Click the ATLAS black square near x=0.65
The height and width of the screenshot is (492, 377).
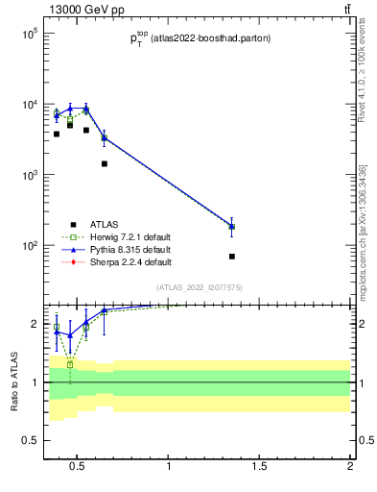pos(105,163)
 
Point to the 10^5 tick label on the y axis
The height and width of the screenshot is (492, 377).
pos(28,34)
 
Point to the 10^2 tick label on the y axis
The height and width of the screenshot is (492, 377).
pos(28,246)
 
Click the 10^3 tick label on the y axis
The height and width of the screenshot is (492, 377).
pos(28,175)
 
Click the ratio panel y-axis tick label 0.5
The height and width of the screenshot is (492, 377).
pos(29,440)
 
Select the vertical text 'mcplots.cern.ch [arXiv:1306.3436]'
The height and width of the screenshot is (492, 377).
pos(362,232)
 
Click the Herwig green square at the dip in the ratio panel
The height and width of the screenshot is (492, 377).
pos(70,365)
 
